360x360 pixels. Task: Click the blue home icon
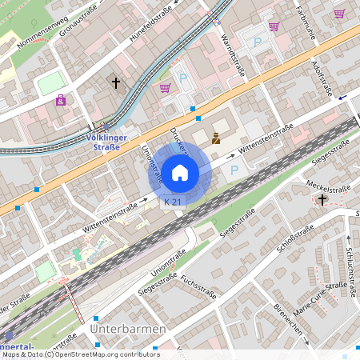click(x=180, y=172)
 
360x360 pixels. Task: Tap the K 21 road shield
click(x=173, y=203)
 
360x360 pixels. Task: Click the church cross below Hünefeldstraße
click(x=116, y=82)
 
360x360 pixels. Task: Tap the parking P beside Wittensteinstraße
click(x=234, y=170)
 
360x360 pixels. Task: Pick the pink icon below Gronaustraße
click(x=61, y=100)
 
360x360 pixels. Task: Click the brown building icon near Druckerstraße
click(x=215, y=138)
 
